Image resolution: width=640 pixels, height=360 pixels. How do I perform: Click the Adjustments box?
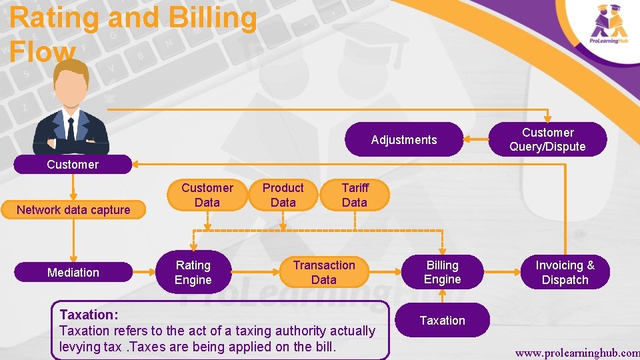404,139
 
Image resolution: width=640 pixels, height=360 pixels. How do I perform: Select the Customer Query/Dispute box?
547,139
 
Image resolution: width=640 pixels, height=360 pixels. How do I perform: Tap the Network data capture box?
73,210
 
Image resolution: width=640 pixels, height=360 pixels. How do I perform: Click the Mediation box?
73,272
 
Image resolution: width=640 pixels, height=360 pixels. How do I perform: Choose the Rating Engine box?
193,272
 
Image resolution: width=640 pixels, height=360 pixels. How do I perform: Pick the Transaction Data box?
324,272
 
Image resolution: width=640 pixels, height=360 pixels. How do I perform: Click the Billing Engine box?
442,272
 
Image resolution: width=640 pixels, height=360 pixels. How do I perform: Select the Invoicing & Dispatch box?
565,272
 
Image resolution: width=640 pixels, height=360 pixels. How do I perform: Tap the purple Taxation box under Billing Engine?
442,321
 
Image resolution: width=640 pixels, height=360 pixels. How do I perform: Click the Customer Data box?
207,195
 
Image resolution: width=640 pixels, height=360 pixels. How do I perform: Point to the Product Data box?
283,195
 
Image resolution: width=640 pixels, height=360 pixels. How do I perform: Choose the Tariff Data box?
354,195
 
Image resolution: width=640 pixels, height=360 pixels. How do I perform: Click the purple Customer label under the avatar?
73,165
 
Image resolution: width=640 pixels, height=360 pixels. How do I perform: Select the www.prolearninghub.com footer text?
577,351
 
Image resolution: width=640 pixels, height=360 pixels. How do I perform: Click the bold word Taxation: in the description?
89,314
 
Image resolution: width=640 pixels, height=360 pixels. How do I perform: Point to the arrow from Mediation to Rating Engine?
144,272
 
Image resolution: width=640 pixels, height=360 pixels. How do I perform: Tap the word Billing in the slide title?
212,18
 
